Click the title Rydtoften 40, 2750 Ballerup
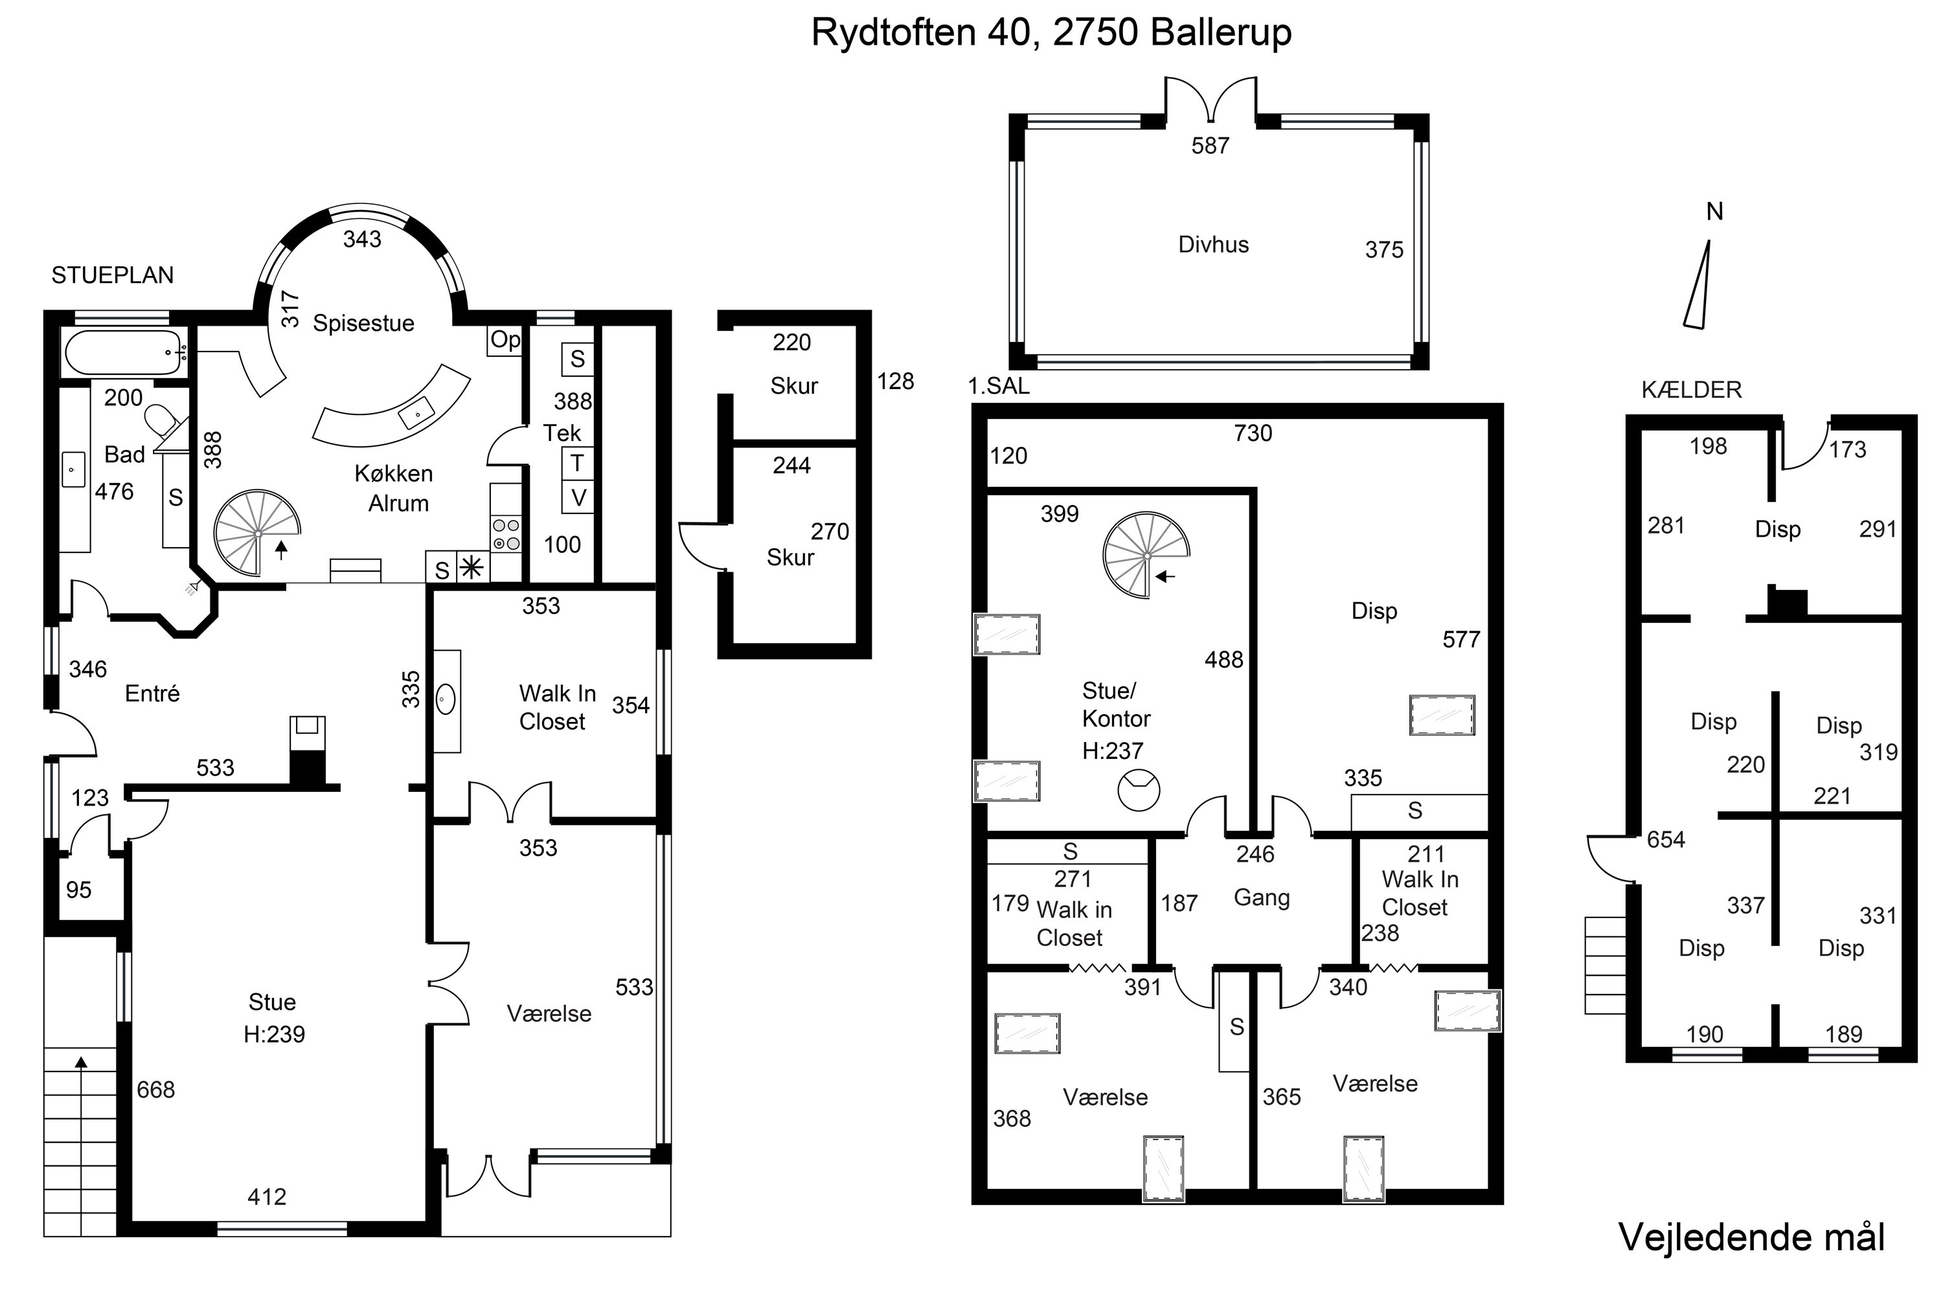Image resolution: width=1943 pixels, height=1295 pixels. (x=1051, y=33)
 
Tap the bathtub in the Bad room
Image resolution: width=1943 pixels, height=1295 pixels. (x=124, y=353)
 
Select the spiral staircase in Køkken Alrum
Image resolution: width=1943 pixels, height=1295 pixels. (x=257, y=534)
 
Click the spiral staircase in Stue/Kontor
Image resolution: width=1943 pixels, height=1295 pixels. (x=1146, y=556)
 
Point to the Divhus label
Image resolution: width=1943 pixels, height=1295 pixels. (x=1212, y=245)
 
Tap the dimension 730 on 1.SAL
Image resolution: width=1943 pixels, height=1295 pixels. (x=1253, y=433)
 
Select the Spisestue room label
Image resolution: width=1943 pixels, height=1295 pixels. (x=363, y=323)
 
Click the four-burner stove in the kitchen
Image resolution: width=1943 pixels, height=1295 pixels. (x=506, y=534)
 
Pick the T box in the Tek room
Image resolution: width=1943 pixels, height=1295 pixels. (x=578, y=464)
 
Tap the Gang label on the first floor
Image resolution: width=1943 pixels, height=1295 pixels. (x=1262, y=897)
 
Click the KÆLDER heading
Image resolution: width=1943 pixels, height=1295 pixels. (x=1691, y=390)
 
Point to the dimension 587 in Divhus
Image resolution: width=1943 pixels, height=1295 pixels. (x=1210, y=146)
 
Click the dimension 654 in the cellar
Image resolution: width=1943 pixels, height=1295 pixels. (x=1665, y=840)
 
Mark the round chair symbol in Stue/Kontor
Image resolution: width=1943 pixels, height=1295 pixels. (x=1139, y=789)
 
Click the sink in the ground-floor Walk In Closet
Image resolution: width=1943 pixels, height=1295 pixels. (x=446, y=701)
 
